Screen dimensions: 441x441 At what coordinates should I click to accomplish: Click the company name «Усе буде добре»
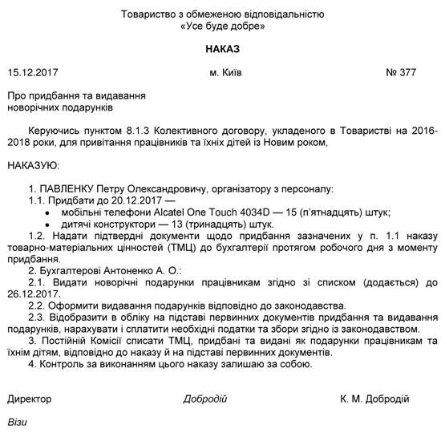(222, 26)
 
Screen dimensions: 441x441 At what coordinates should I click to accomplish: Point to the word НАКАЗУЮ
(33, 166)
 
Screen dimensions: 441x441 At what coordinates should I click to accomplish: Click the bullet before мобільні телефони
(48, 212)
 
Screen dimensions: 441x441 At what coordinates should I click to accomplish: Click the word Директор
(29, 399)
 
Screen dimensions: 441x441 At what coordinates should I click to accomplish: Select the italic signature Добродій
(205, 399)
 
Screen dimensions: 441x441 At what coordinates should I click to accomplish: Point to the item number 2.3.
(37, 317)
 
